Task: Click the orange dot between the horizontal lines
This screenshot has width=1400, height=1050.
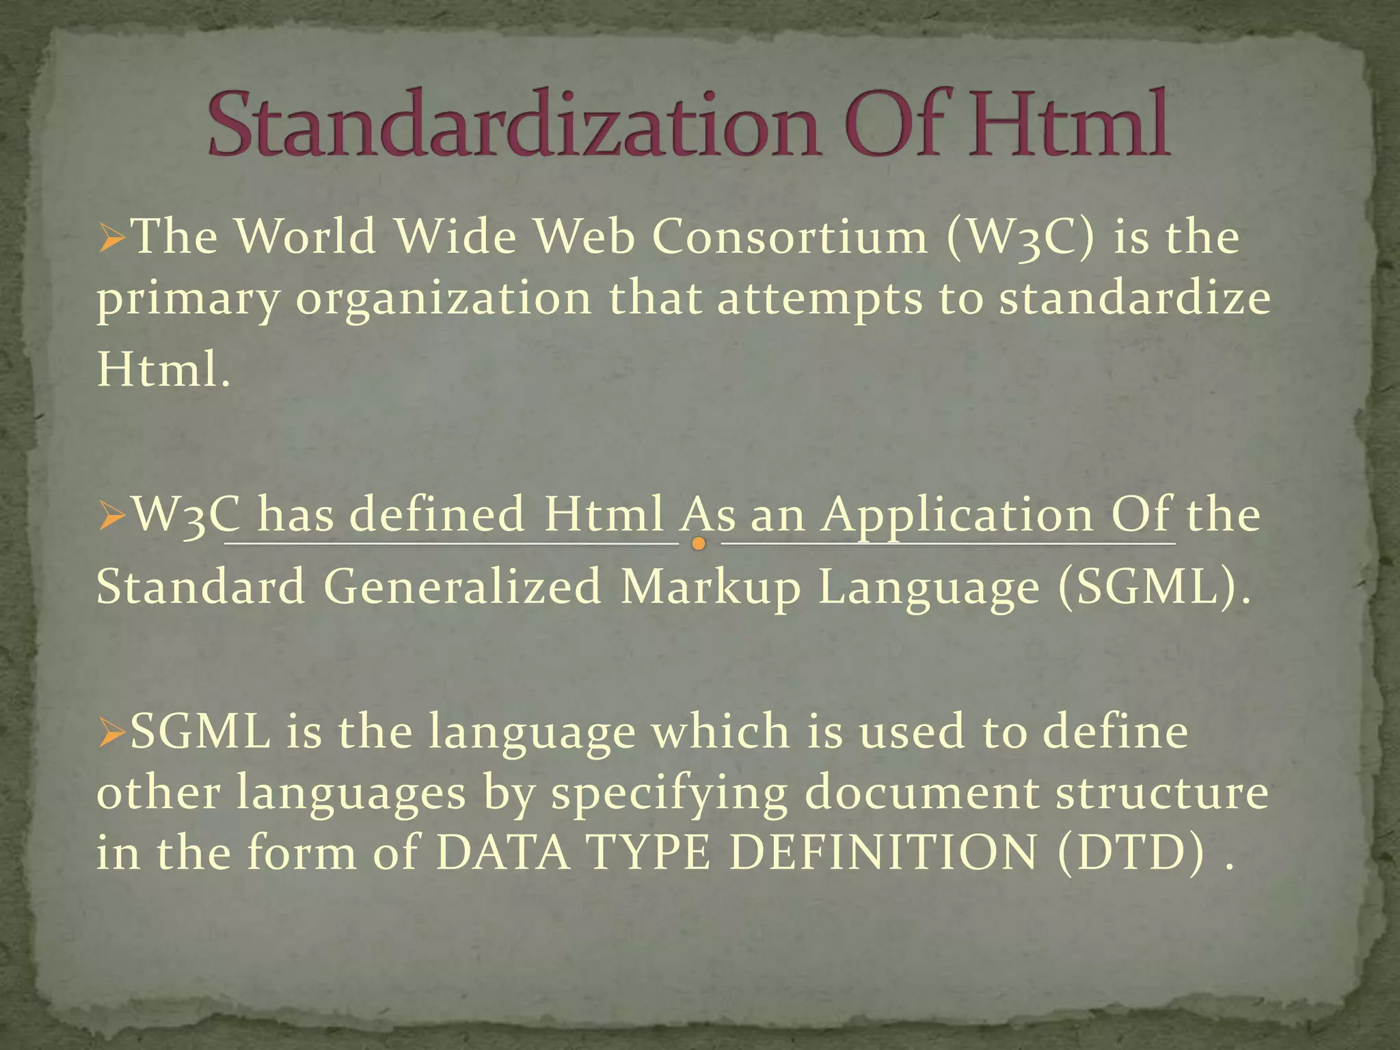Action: coord(699,544)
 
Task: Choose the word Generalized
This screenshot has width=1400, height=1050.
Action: coord(463,587)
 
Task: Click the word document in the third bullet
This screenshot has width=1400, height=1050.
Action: coord(920,793)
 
